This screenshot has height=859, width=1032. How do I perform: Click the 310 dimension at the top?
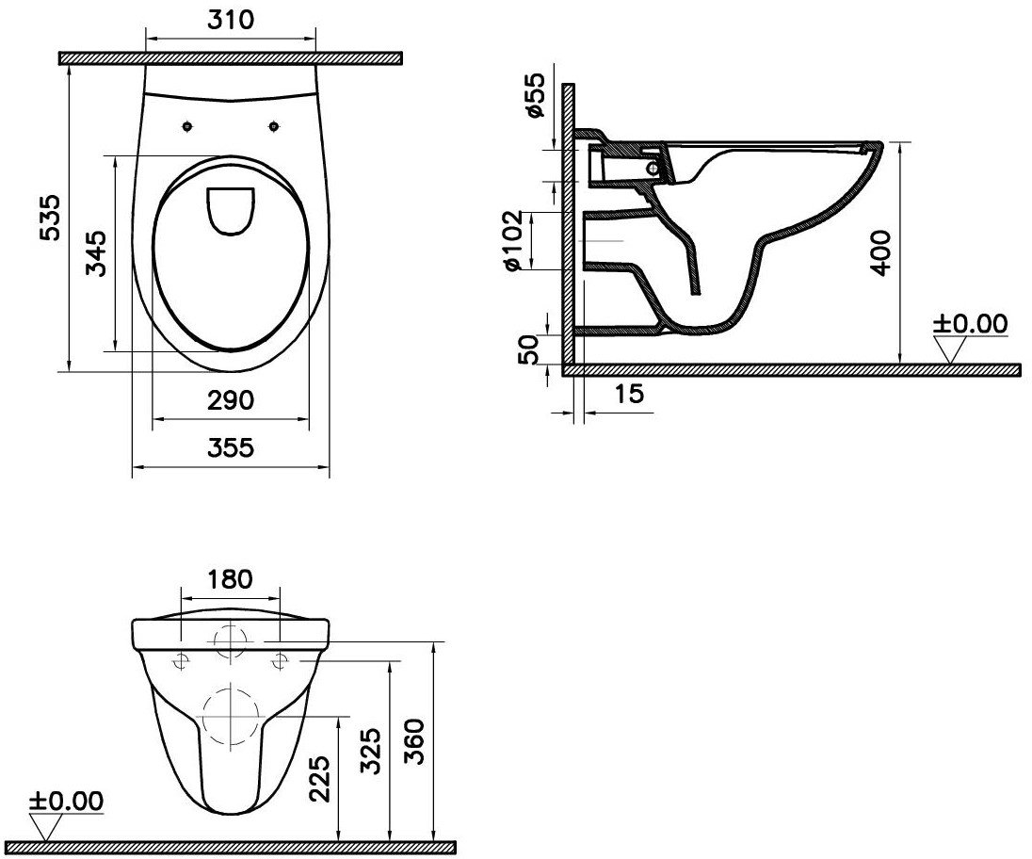coord(231,20)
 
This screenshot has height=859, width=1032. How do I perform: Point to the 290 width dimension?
coord(231,400)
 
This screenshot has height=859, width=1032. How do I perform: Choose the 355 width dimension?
coord(231,447)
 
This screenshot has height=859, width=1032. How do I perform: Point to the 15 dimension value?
coord(632,394)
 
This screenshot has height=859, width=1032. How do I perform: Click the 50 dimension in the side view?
coord(529,348)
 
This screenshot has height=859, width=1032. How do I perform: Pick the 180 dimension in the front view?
coord(231,579)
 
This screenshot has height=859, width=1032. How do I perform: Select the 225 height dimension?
coord(319,777)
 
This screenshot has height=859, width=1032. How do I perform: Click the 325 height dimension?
coord(372,749)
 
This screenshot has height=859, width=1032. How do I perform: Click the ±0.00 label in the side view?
coord(970,325)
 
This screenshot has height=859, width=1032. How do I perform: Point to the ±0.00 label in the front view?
coord(66,802)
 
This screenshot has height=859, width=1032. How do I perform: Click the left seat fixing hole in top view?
coord(188,126)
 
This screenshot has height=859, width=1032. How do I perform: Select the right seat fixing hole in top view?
coord(274,126)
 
